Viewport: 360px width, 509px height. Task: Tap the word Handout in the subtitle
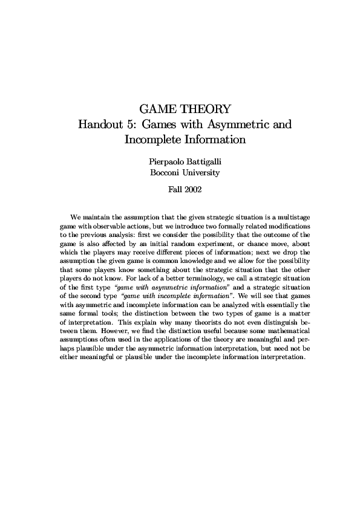pos(101,125)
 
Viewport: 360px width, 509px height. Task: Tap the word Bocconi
pos(166,172)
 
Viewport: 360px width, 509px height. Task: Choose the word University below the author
pos(203,172)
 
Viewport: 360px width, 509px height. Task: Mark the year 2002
pos(194,189)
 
